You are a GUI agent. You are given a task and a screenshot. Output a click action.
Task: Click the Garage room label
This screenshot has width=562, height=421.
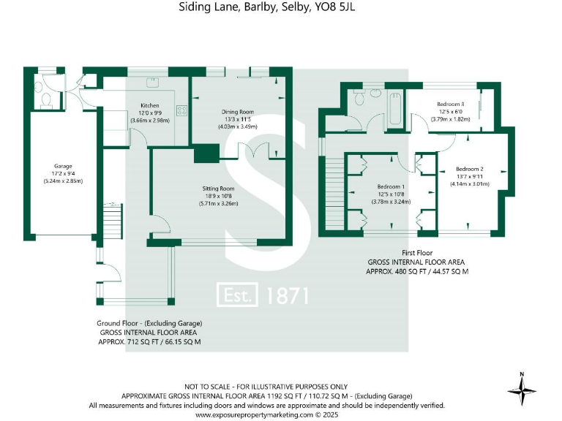(x=62, y=165)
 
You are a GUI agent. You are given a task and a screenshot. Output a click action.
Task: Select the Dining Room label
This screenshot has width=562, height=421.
(x=238, y=112)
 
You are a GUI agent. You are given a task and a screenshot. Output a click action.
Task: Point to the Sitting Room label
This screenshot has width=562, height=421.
(x=219, y=189)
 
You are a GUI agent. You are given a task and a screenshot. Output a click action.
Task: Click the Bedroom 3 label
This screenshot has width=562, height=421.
(x=451, y=104)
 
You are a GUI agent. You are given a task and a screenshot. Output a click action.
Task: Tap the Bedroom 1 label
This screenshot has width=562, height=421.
(x=391, y=186)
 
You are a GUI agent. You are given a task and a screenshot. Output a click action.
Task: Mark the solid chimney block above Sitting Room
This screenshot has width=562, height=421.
(x=206, y=153)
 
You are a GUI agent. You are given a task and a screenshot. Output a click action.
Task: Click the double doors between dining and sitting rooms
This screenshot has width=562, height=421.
(x=254, y=151)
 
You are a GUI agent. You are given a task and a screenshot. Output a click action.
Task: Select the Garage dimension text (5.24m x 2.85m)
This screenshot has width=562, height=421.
(x=62, y=181)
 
